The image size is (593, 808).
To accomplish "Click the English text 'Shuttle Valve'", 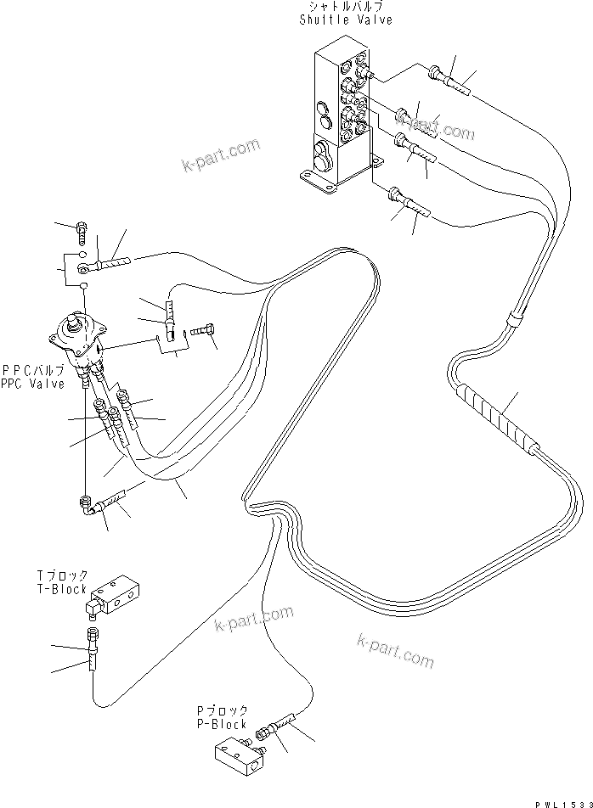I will click(346, 20).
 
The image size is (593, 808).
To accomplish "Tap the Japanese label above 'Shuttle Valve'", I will click(346, 8).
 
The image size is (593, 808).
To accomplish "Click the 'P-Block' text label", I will click(220, 724).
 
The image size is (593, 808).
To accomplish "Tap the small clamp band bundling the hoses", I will click(514, 321).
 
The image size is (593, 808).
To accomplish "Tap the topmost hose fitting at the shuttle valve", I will click(449, 79).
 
